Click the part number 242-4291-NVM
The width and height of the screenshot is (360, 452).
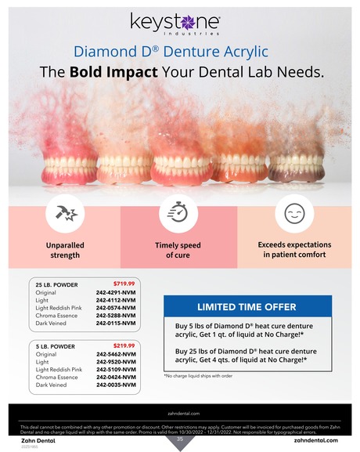tap(116, 292)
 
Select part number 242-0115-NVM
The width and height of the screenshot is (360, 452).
tap(116, 322)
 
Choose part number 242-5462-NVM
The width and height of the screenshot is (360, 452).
tap(116, 354)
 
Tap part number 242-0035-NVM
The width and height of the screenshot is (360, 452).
tap(116, 385)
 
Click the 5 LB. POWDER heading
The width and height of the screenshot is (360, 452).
tap(54, 345)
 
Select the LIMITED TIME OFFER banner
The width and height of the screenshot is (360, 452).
tap(246, 306)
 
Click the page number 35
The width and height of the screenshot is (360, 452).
tap(179, 439)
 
